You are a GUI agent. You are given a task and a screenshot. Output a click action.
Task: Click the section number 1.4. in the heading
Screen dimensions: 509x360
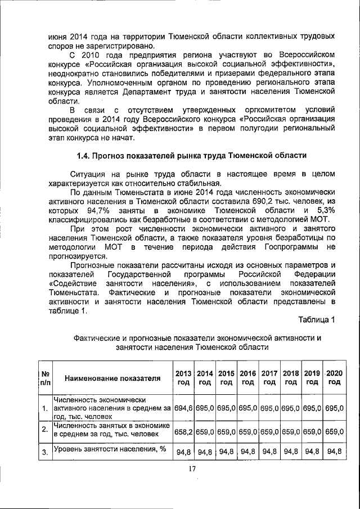[x=86, y=155]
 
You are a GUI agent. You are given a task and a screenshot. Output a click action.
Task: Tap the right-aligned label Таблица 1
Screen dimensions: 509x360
[x=317, y=320]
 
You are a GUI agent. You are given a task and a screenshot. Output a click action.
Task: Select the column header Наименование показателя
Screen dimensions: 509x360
[x=111, y=377]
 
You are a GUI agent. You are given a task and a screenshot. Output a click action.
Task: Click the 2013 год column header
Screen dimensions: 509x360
[x=184, y=377]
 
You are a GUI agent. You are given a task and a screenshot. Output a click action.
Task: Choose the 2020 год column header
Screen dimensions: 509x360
[x=334, y=377]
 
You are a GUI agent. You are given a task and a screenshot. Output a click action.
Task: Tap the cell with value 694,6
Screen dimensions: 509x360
[x=183, y=407]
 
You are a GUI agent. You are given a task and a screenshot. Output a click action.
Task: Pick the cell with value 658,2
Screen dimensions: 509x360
[x=183, y=431]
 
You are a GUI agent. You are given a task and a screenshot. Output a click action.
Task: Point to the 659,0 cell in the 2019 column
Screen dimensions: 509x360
[x=312, y=431]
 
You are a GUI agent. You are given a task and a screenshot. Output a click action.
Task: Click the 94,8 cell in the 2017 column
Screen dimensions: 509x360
[x=269, y=451]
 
